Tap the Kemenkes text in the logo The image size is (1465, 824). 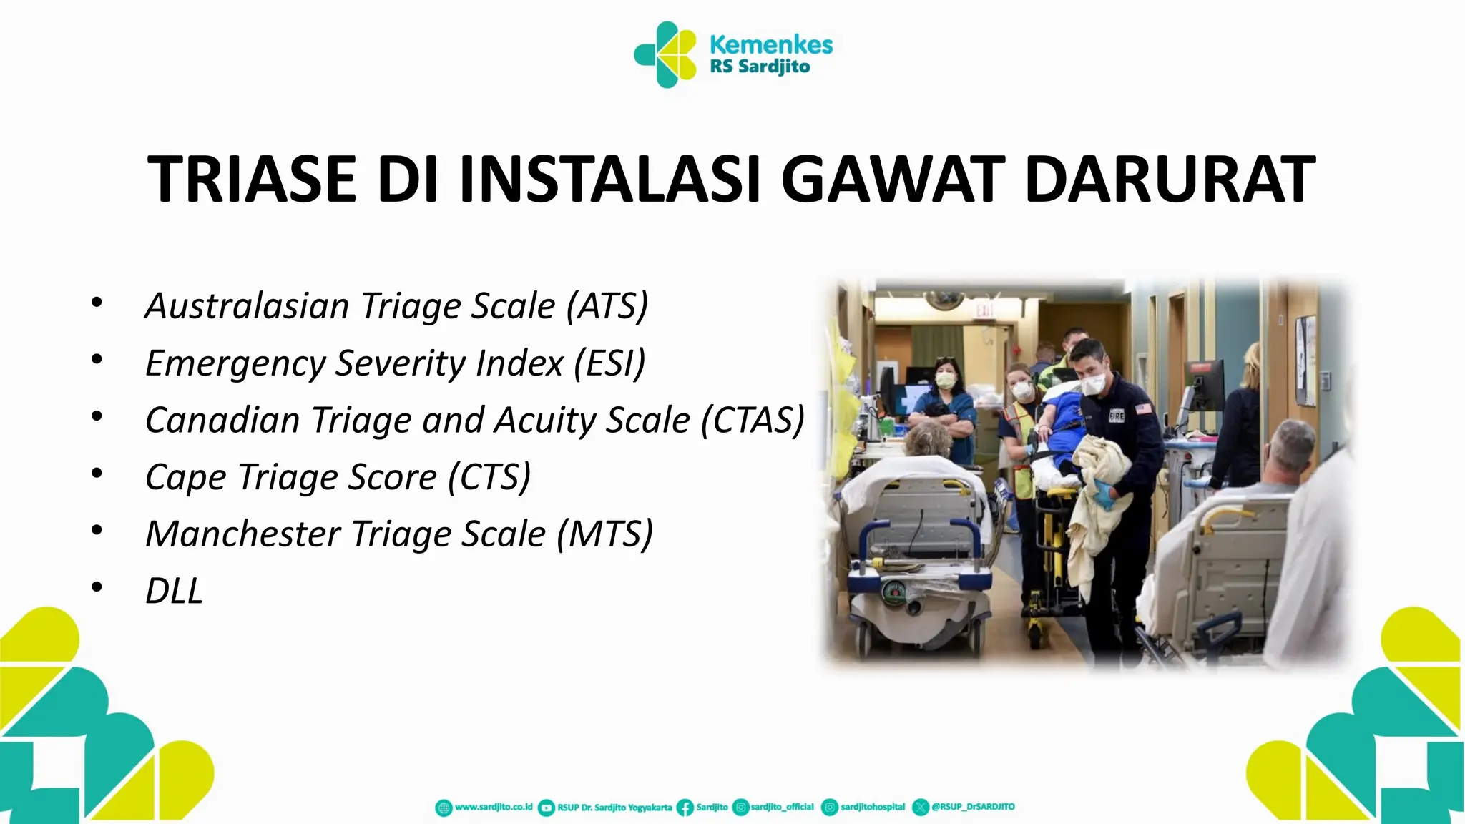770,44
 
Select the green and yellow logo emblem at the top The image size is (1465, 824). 665,54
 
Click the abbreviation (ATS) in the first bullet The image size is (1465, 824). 607,306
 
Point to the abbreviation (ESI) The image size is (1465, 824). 610,363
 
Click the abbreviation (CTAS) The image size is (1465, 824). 753,421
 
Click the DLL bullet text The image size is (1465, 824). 174,592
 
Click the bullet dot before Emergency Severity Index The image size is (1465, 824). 97,359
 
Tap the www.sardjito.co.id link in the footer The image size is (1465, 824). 494,807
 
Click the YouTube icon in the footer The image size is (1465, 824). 546,808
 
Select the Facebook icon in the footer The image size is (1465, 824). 685,808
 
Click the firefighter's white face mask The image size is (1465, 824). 1093,385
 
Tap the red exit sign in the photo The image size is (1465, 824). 984,310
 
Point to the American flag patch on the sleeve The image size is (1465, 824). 1142,410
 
